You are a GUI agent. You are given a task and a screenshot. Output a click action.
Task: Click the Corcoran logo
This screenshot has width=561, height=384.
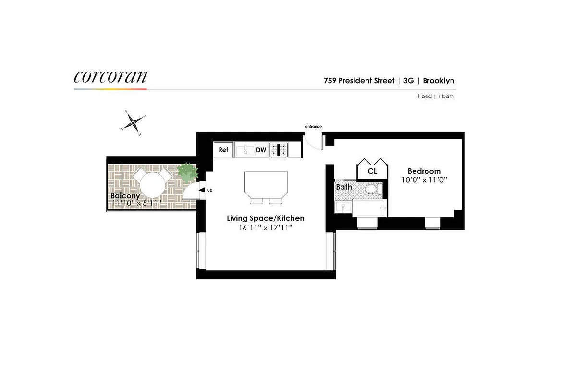pos(110,77)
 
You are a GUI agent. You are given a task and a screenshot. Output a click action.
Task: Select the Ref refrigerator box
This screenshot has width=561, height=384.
pos(223,150)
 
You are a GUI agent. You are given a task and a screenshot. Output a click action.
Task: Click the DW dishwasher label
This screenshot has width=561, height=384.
pos(261,150)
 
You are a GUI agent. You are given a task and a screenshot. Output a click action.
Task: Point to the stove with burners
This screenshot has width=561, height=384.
pos(279,150)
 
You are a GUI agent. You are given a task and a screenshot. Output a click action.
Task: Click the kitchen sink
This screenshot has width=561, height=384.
pos(245,150)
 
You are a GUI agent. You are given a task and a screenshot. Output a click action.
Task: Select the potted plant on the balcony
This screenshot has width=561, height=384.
pos(187,172)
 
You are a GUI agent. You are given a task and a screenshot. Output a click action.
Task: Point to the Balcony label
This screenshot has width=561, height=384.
pos(125,196)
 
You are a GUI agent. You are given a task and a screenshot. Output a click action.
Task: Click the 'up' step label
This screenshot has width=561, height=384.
pos(209,191)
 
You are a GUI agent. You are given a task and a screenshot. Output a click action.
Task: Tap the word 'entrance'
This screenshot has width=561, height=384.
pos(313,127)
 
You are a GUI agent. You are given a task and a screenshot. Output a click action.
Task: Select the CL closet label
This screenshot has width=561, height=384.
pos(372,171)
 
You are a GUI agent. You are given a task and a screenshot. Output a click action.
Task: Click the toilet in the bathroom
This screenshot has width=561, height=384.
pos(371,190)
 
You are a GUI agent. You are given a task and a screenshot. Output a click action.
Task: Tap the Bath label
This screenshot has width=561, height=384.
pos(343,186)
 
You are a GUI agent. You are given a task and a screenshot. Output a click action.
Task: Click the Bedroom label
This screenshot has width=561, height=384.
pos(424,171)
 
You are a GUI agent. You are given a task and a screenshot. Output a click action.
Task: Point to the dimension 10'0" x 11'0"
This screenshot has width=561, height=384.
pos(424,180)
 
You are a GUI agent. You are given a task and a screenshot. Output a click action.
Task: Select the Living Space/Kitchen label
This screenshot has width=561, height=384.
pos(266,218)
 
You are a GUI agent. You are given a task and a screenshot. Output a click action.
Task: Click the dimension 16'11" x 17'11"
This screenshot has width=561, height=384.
pos(266,228)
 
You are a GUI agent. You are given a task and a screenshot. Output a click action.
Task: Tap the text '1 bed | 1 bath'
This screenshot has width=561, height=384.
pos(436,96)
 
